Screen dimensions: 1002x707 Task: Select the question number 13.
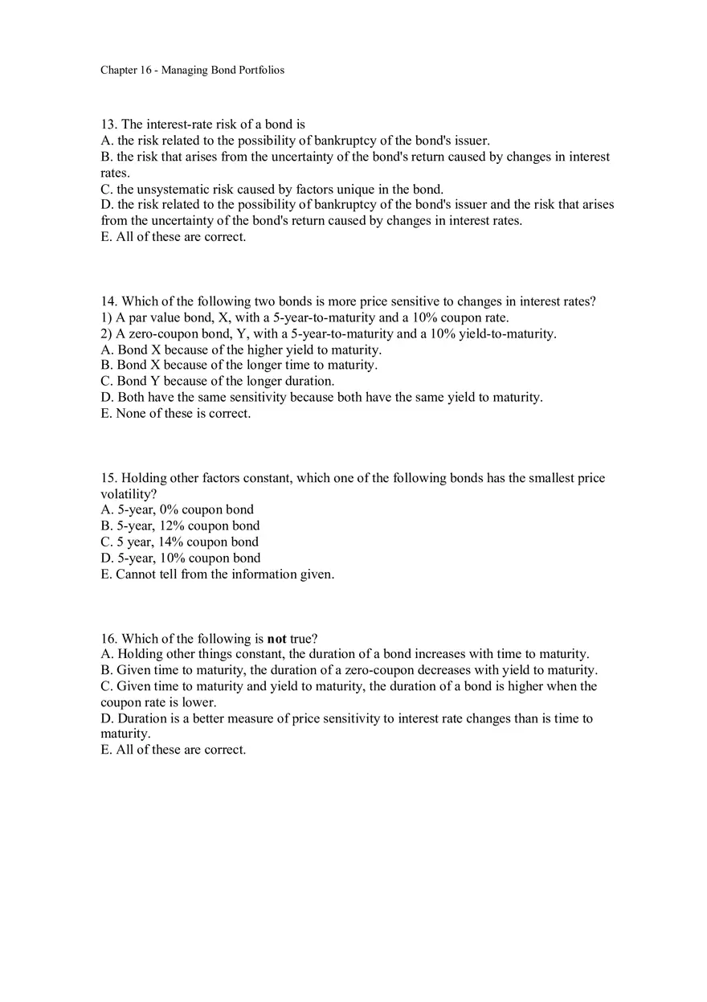click(x=108, y=125)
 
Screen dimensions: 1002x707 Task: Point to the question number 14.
click(x=108, y=301)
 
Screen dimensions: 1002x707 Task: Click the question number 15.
click(x=108, y=478)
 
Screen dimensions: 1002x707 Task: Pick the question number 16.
click(x=108, y=639)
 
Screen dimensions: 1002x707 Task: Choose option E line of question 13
click(x=173, y=237)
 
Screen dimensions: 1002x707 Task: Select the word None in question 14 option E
click(x=131, y=414)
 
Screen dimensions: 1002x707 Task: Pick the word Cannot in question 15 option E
click(x=136, y=574)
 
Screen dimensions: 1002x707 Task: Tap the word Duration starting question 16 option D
click(x=142, y=718)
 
